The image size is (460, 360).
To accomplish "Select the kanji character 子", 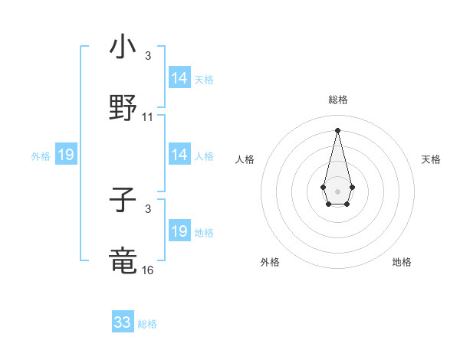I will pos(123,201).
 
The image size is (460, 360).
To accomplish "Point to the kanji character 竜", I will pos(123,261).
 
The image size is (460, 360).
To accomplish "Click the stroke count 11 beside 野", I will pos(148,117).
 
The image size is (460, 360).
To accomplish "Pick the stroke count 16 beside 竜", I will pos(148,270).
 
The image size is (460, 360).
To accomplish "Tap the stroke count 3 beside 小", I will pos(148,55).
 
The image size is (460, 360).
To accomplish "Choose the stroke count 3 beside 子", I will pos(148,208).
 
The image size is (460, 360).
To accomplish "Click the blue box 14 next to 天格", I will pos(179,78).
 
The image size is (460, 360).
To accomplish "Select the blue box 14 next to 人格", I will pos(179,155).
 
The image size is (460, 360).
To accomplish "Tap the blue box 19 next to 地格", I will pos(179,231).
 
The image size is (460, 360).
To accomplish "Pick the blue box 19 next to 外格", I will pos(66,155).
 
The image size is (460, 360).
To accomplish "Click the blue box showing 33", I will pos(123,322).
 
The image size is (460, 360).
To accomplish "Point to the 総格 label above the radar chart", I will pos(337,100).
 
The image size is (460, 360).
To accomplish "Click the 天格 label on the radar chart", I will pos(432,159).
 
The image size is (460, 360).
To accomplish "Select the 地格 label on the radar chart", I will pos(402,262).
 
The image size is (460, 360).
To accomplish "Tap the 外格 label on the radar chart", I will pos(270,262).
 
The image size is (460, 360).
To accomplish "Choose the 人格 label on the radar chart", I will pos(245,159).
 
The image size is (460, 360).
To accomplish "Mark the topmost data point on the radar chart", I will pos(337,129).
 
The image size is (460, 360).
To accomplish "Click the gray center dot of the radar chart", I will pos(337,190).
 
